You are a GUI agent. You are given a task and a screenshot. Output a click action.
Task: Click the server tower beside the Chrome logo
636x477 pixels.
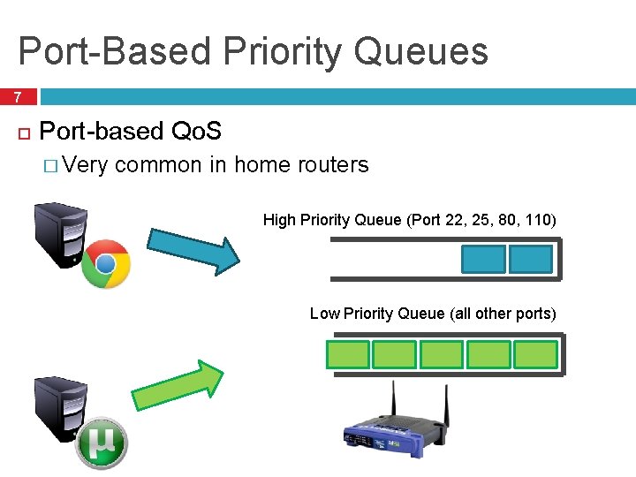59,235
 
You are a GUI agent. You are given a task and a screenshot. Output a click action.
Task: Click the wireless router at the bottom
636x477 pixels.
392,434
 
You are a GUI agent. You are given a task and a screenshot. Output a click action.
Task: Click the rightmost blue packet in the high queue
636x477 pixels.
531,259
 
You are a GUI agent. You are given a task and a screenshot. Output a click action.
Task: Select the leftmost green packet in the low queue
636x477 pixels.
348,354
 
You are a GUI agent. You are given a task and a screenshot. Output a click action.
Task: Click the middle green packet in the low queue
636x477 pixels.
442,354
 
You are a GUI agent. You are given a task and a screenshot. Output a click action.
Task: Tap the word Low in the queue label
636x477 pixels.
324,314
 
